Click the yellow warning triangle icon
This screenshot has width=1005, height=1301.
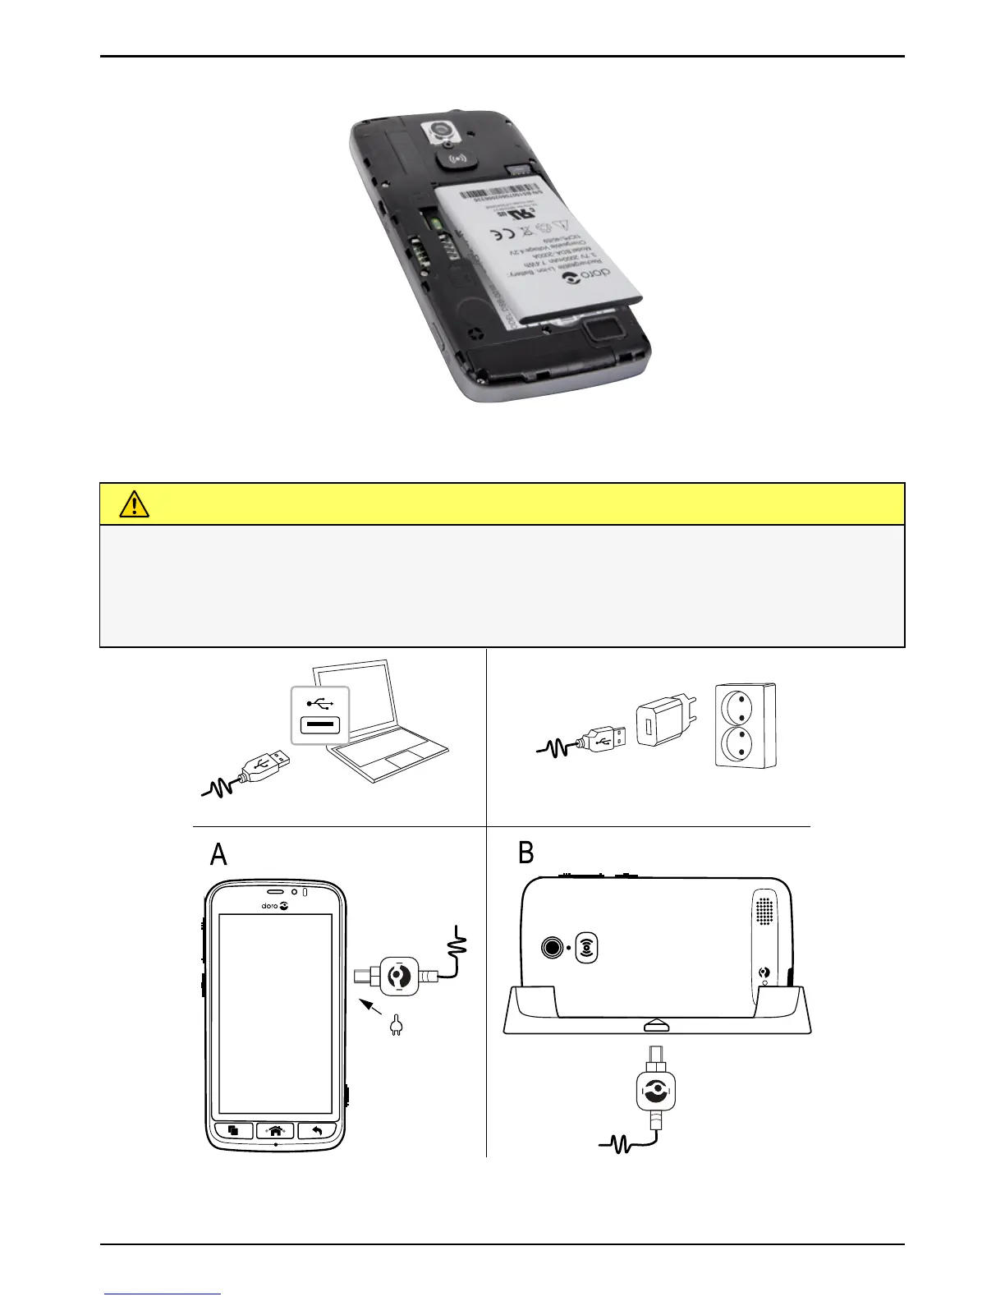tap(134, 503)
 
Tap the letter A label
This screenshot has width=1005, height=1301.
tap(218, 855)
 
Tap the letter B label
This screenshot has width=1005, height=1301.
tap(525, 853)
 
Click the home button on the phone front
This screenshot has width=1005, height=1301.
tap(275, 1131)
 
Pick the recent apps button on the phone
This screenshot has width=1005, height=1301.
tap(233, 1131)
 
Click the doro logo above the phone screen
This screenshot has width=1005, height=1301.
tap(274, 906)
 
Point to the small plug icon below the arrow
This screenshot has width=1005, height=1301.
tap(395, 1025)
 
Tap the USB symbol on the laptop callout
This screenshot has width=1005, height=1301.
tap(320, 704)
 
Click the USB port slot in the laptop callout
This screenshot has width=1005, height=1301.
tap(320, 725)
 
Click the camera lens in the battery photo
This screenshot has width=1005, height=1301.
tap(443, 128)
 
